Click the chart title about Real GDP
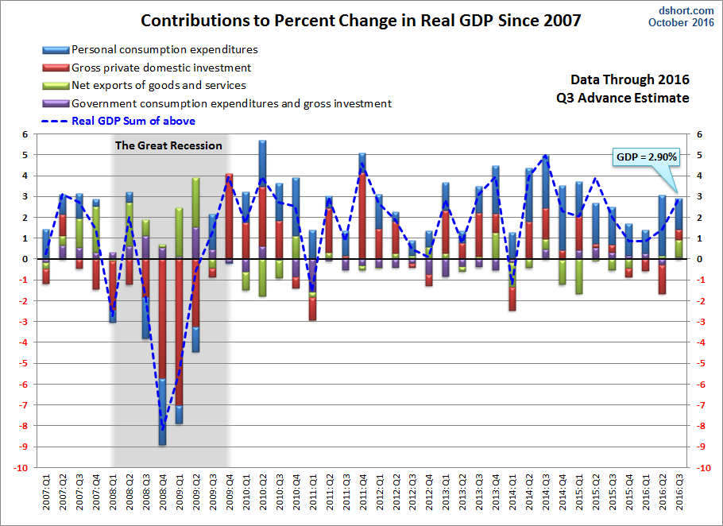[361, 21]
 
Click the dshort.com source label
[686, 10]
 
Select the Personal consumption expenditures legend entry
[150, 49]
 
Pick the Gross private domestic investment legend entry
[147, 68]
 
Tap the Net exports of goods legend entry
[145, 85]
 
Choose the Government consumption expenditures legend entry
[217, 103]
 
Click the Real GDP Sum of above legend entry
[118, 122]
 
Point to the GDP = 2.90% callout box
[647, 157]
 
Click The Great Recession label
[168, 145]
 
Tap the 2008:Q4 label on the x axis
[163, 492]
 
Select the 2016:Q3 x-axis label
[679, 492]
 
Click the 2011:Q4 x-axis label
[363, 492]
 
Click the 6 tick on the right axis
[699, 134]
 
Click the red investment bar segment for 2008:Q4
[163, 319]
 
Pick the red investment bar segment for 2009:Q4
[229, 216]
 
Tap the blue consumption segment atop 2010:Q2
[262, 164]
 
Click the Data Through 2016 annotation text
[630, 79]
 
